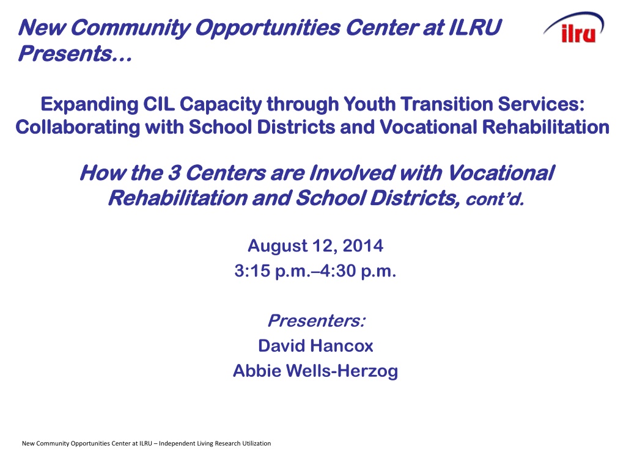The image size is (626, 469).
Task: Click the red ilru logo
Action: (x=578, y=34)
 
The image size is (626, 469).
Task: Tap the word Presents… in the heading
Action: (x=75, y=54)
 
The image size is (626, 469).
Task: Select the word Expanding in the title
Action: (x=89, y=105)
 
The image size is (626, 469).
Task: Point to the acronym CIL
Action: (x=159, y=104)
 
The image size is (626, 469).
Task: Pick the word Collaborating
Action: (x=78, y=128)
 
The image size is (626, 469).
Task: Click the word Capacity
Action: (x=221, y=105)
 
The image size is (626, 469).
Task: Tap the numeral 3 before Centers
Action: (x=174, y=173)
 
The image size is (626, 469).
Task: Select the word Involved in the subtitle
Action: (x=352, y=173)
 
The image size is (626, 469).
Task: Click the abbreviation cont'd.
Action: (x=495, y=199)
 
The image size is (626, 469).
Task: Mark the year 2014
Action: (x=363, y=245)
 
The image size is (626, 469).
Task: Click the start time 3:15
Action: (x=252, y=271)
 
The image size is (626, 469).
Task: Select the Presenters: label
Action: (x=316, y=321)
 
